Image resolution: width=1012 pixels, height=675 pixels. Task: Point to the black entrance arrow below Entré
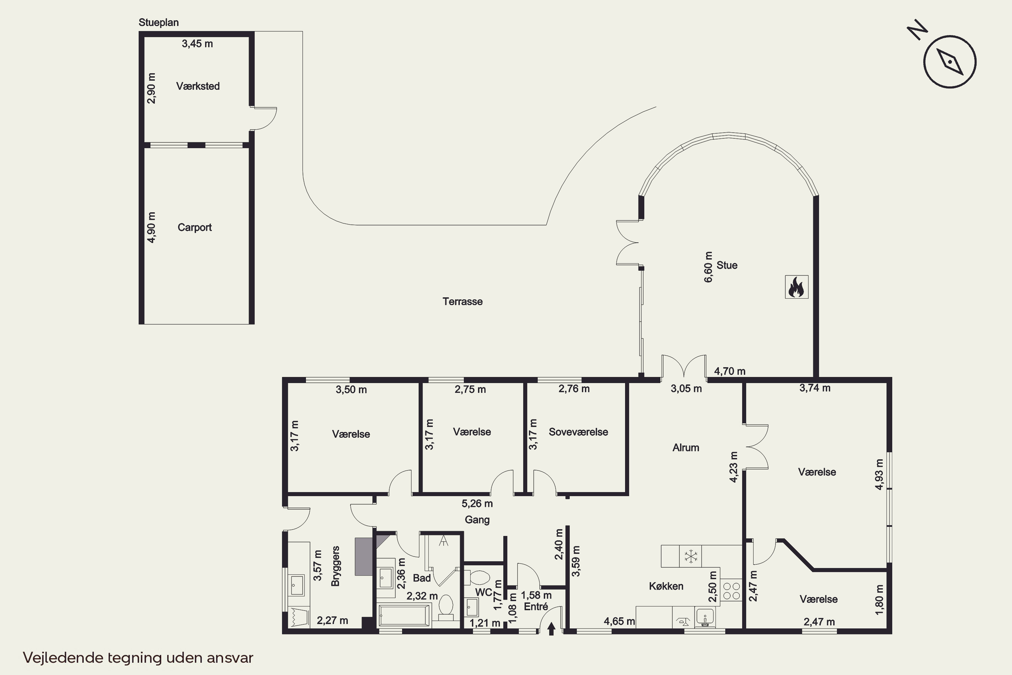(x=551, y=629)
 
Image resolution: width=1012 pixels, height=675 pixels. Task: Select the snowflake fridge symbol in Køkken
(x=691, y=556)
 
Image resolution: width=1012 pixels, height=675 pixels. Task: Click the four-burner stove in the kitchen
(x=731, y=590)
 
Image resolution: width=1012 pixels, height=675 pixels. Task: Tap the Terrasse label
(x=462, y=301)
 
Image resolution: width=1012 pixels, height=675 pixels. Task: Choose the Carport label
(x=195, y=227)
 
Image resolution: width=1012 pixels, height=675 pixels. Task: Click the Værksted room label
(x=198, y=86)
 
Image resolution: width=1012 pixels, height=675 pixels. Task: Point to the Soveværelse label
(x=578, y=432)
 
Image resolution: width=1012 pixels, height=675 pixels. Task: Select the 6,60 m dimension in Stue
(x=708, y=267)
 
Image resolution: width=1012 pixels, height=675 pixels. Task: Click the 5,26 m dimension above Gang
(x=477, y=503)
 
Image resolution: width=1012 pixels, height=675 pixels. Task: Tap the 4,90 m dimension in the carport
(x=151, y=227)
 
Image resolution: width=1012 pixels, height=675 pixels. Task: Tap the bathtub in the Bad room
(x=404, y=615)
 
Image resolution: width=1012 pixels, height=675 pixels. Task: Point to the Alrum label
(x=686, y=448)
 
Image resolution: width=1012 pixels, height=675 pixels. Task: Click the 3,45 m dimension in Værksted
(x=197, y=44)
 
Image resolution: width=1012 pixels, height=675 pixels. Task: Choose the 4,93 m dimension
(x=879, y=475)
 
